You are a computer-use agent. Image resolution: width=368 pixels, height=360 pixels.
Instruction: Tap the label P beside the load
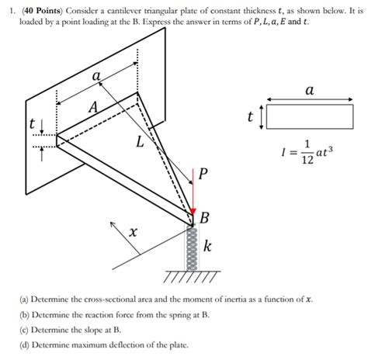(x=203, y=173)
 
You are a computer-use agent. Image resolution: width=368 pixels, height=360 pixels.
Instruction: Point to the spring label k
(x=207, y=247)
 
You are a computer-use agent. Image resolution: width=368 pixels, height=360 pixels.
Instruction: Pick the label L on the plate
(x=140, y=142)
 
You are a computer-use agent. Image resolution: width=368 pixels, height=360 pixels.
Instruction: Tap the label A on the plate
(x=93, y=109)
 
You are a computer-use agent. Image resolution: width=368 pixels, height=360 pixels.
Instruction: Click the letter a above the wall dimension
(x=96, y=77)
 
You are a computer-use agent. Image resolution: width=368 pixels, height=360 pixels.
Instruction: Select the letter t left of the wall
(x=31, y=124)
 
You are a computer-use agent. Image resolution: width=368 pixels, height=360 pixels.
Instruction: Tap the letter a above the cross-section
(x=309, y=91)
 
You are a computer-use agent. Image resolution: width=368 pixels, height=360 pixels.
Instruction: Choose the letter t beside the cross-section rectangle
(x=250, y=117)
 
